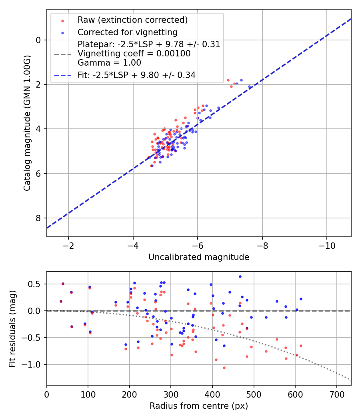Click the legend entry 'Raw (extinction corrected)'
(x=132, y=20)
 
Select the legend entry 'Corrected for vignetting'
(x=127, y=32)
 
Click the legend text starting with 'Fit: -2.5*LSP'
(x=136, y=75)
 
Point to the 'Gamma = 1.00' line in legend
(x=109, y=62)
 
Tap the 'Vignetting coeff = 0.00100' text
(x=134, y=53)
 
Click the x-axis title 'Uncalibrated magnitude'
(x=199, y=257)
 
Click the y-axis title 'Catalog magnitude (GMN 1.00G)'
(x=27, y=123)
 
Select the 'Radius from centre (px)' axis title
(x=199, y=406)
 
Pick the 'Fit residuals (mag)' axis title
(x=12, y=328)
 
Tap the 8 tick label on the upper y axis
(x=38, y=218)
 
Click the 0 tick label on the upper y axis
(x=38, y=40)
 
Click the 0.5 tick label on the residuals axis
(x=36, y=284)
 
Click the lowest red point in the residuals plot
(x=224, y=368)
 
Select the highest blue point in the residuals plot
(x=240, y=276)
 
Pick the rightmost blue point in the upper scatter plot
(x=250, y=86)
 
